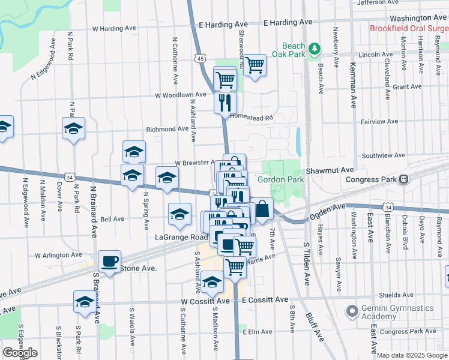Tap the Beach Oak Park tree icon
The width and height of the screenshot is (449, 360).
(313, 49)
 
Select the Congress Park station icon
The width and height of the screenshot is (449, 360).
(404, 179)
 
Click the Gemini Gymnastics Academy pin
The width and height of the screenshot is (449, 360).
(352, 311)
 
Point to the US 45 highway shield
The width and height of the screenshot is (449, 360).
(200, 58)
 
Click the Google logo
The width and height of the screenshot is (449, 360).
(20, 353)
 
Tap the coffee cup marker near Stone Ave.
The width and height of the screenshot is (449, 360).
(110, 262)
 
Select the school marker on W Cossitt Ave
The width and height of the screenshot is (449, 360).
(84, 302)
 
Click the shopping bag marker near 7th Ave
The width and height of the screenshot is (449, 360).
(262, 209)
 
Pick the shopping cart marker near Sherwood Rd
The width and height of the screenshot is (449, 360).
(255, 65)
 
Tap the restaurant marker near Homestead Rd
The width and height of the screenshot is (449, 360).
(226, 103)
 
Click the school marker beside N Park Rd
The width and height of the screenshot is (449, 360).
(74, 128)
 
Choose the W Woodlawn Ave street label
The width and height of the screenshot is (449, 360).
(181, 95)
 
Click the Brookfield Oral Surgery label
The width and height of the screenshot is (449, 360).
(409, 28)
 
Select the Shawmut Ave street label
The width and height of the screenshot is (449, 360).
(330, 170)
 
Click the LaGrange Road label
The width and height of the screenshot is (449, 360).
(181, 237)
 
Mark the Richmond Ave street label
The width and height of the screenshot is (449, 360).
(167, 129)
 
